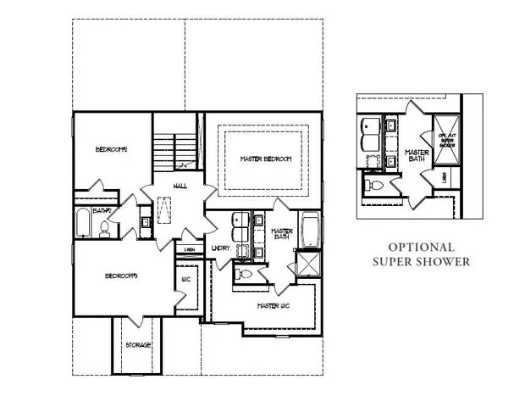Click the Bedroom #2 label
click(111, 150)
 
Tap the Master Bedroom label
click(265, 159)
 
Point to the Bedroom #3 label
click(121, 276)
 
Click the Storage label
click(138, 345)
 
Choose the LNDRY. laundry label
click(221, 248)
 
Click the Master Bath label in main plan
click(281, 234)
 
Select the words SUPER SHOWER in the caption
click(421, 262)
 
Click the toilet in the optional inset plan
click(373, 184)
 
